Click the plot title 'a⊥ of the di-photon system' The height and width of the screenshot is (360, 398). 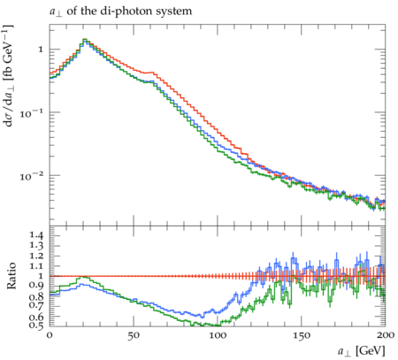pyautogui.click(x=120, y=11)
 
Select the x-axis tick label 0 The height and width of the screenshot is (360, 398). pyautogui.click(x=50, y=335)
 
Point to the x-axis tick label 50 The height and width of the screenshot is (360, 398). pyautogui.click(x=134, y=335)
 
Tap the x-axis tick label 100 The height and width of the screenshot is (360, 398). pyautogui.click(x=218, y=335)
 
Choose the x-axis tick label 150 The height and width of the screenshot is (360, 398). pyautogui.click(x=302, y=335)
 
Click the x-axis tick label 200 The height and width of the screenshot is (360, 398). pyautogui.click(x=385, y=335)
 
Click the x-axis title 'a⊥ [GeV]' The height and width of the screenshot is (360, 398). pyautogui.click(x=362, y=351)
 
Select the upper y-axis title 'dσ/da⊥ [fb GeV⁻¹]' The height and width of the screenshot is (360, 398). pyautogui.click(x=9, y=76)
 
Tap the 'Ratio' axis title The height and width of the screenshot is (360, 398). pyautogui.click(x=11, y=276)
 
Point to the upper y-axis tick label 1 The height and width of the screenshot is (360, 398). pyautogui.click(x=41, y=50)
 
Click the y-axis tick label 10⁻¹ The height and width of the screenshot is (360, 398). pyautogui.click(x=32, y=112)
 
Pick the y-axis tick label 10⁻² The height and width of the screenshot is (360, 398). pyautogui.click(x=32, y=176)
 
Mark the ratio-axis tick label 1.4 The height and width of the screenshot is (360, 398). pyautogui.click(x=36, y=235)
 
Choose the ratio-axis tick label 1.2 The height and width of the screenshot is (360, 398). pyautogui.click(x=36, y=256)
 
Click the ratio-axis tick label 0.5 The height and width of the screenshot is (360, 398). pyautogui.click(x=36, y=326)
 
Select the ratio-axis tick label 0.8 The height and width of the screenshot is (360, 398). pyautogui.click(x=36, y=297)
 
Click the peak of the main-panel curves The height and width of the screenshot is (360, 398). pyautogui.click(x=85, y=39)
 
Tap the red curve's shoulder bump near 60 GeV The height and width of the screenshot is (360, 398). pyautogui.click(x=151, y=73)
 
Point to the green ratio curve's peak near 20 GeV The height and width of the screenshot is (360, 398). pyautogui.click(x=83, y=277)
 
